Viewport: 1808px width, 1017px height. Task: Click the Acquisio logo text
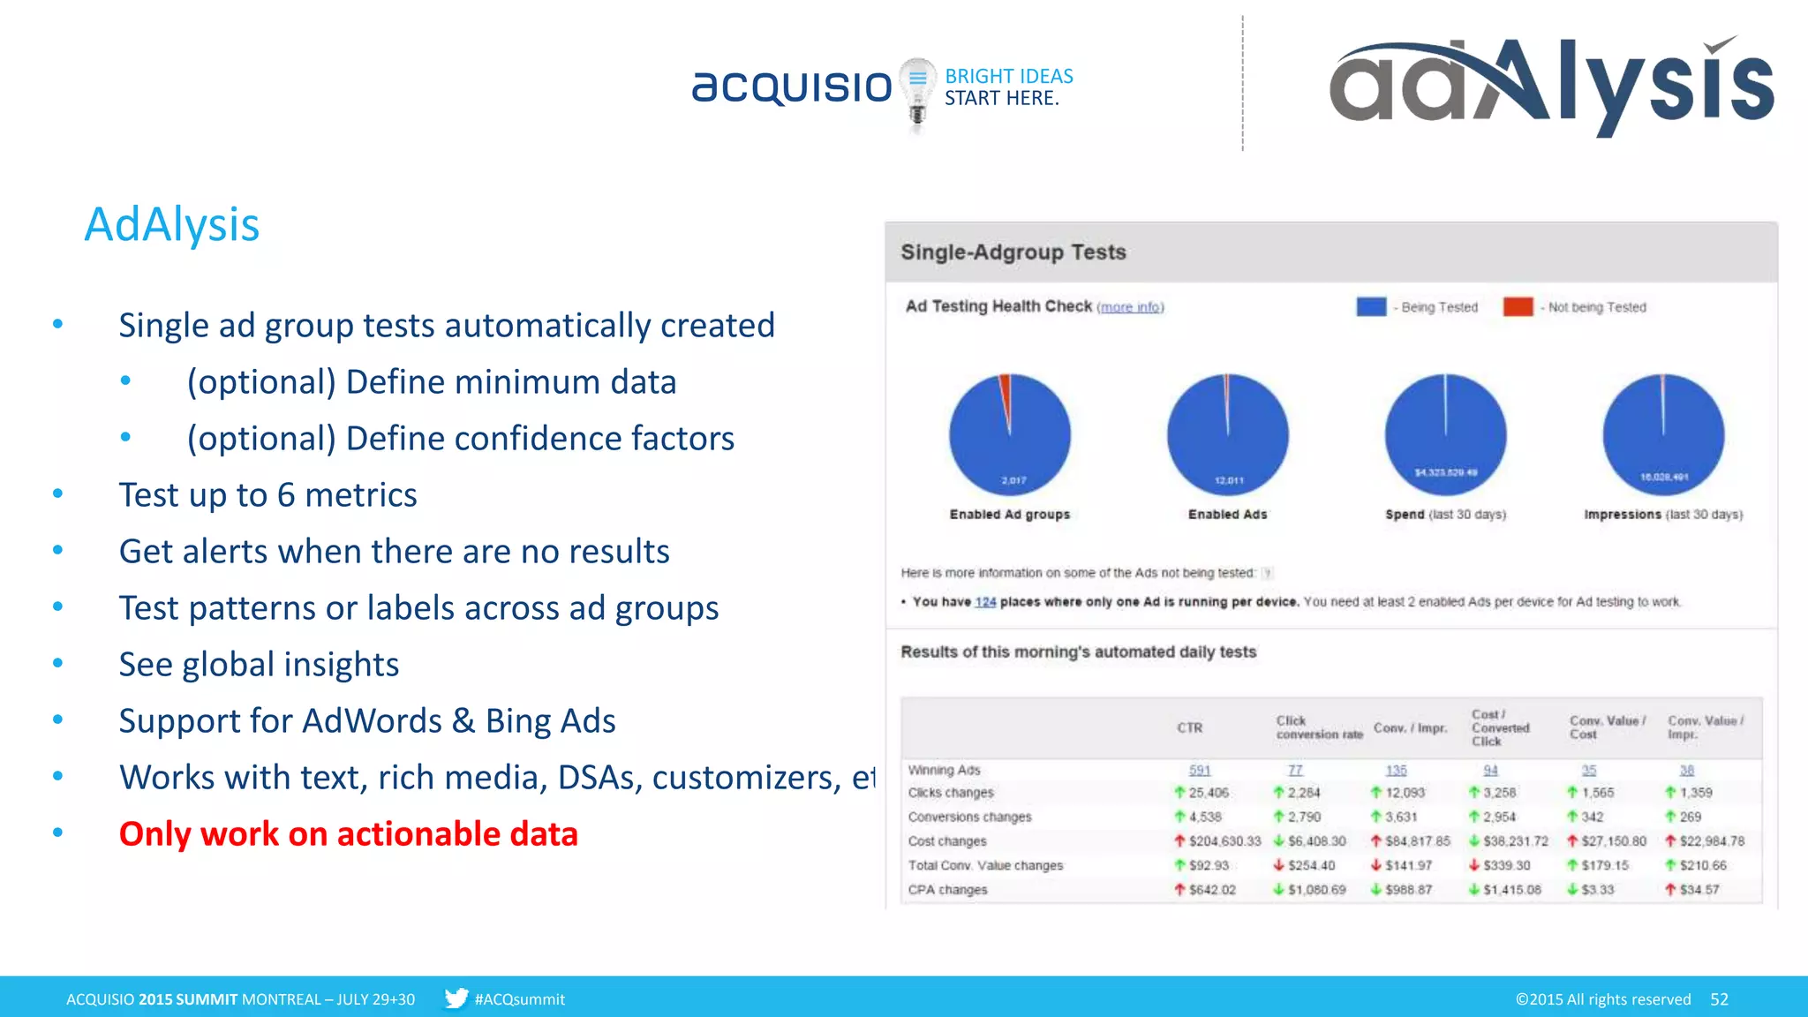click(x=792, y=87)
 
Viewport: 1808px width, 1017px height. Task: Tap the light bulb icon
click(x=917, y=93)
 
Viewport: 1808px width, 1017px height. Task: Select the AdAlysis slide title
click(x=172, y=224)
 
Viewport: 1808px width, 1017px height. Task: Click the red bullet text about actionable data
click(x=349, y=834)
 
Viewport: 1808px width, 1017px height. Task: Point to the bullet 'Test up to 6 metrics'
click(x=267, y=495)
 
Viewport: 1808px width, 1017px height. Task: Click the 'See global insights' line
click(x=259, y=665)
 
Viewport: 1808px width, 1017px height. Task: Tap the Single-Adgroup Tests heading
click(x=1013, y=252)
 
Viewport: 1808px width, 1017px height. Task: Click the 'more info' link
click(x=1130, y=307)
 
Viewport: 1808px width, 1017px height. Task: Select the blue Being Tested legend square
click(x=1371, y=306)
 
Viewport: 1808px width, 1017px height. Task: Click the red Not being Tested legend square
click(x=1518, y=306)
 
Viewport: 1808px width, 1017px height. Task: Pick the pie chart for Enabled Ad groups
click(x=1010, y=434)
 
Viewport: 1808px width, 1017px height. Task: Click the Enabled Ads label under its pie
click(x=1227, y=515)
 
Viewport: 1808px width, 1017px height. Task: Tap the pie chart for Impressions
click(x=1663, y=434)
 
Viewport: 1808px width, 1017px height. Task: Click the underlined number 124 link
click(x=985, y=602)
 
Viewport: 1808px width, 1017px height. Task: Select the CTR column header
click(x=1189, y=728)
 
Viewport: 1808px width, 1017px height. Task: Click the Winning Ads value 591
click(x=1200, y=771)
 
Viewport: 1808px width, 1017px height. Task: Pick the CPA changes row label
click(x=947, y=890)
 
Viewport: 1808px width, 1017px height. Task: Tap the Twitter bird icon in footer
click(x=456, y=998)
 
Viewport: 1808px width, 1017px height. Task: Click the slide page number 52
click(x=1719, y=999)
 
